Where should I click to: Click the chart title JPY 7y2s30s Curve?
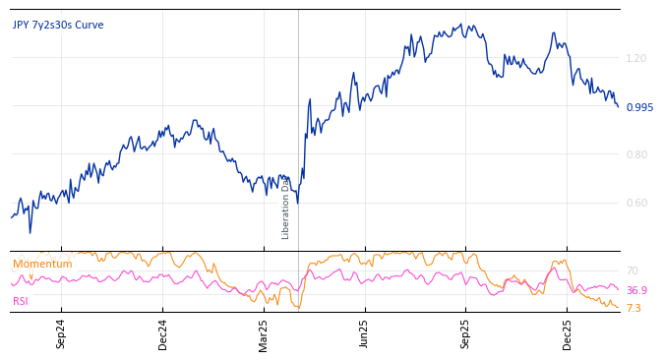(x=58, y=26)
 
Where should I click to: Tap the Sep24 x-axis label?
(x=61, y=333)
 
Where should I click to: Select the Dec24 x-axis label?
(x=163, y=333)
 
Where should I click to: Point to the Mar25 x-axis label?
(x=264, y=333)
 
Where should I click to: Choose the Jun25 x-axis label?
(x=364, y=333)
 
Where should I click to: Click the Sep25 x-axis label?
(x=465, y=333)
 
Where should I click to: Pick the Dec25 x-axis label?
(x=567, y=333)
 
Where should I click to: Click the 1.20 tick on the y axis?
(x=636, y=59)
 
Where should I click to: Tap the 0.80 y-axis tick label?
(x=636, y=154)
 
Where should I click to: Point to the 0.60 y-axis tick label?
(x=636, y=204)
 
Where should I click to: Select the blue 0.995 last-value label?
(x=639, y=108)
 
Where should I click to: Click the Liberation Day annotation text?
(x=286, y=208)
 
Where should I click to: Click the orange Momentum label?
(x=42, y=265)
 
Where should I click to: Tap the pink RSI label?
(x=21, y=302)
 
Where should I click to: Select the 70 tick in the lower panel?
(x=632, y=271)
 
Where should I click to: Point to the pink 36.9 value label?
(x=636, y=291)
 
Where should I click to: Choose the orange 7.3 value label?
(x=633, y=309)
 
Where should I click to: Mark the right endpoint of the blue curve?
(x=618, y=106)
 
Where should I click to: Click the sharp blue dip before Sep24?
(x=30, y=232)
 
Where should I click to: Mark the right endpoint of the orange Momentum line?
(x=619, y=308)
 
